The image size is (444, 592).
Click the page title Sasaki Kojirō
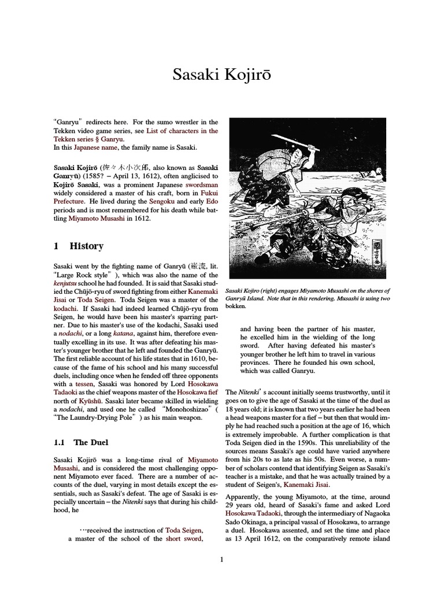coord(222,75)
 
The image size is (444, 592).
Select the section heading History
coord(87,246)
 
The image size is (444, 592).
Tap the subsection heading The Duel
coord(90,442)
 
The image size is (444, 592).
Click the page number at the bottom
coord(221,559)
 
